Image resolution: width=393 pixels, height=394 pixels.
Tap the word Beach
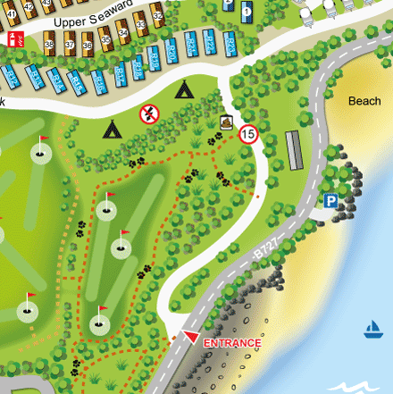[x=364, y=101]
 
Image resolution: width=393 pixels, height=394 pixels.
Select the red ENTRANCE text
[x=232, y=343]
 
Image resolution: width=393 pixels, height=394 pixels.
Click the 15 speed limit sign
[x=248, y=135]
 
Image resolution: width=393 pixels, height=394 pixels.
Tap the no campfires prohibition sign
[x=148, y=114]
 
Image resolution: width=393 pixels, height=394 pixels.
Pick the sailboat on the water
[x=372, y=331]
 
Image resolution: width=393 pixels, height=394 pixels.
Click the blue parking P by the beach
[x=331, y=201]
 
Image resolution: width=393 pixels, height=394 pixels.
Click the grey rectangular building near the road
[x=294, y=149]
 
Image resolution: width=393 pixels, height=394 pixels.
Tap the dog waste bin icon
[x=226, y=122]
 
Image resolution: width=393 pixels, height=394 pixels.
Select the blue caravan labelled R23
[x=192, y=45]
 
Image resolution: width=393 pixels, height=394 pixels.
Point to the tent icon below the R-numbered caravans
[x=184, y=89]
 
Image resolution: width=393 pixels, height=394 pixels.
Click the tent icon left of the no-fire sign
[x=113, y=130]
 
